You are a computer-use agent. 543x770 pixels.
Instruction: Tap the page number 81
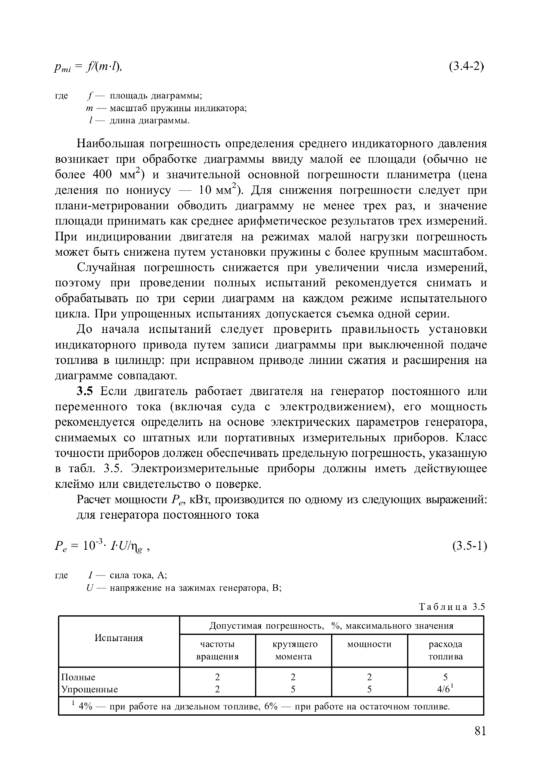tap(480, 731)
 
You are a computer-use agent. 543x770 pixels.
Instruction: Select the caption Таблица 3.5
tap(451, 607)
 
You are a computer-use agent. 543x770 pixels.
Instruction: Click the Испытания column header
tap(119, 638)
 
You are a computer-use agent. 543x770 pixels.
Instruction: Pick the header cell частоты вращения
tap(217, 650)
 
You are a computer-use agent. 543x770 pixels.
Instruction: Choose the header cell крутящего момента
tap(294, 650)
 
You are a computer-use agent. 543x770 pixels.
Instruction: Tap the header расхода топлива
tap(445, 650)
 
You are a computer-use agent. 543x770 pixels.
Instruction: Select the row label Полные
tap(78, 677)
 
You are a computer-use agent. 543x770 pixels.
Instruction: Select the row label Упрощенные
tap(89, 689)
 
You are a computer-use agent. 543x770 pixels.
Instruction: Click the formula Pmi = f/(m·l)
tap(88, 67)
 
